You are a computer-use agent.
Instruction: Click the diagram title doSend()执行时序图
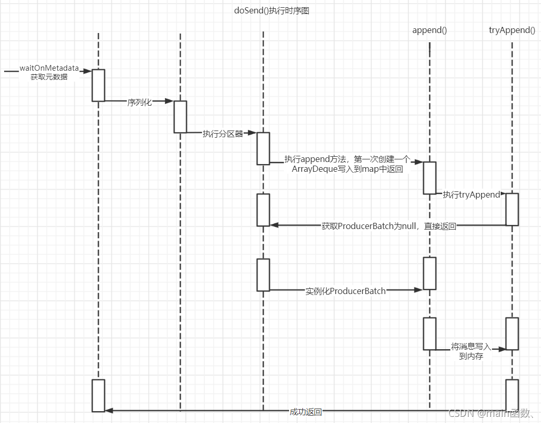click(271, 11)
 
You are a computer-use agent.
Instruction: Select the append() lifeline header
click(429, 30)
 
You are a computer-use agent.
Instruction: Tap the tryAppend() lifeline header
click(512, 30)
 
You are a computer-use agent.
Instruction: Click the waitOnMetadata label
click(49, 68)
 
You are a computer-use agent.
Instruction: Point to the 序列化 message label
click(140, 102)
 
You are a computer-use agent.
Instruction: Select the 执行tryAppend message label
click(471, 195)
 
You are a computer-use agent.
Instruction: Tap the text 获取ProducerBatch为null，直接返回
click(388, 226)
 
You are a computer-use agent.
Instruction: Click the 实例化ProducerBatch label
click(345, 291)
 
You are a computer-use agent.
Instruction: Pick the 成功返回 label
click(306, 412)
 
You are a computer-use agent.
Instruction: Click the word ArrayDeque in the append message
click(313, 169)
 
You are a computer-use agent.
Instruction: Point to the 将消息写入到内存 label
click(471, 351)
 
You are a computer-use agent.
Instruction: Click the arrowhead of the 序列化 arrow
click(170, 102)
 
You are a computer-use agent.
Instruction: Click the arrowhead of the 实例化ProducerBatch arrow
click(419, 290)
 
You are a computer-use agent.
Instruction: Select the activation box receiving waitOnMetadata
click(98, 85)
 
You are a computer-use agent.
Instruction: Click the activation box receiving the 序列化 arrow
click(180, 117)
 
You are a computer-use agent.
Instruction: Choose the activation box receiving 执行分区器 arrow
click(263, 149)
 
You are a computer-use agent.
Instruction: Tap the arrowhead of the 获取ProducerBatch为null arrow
click(274, 225)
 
